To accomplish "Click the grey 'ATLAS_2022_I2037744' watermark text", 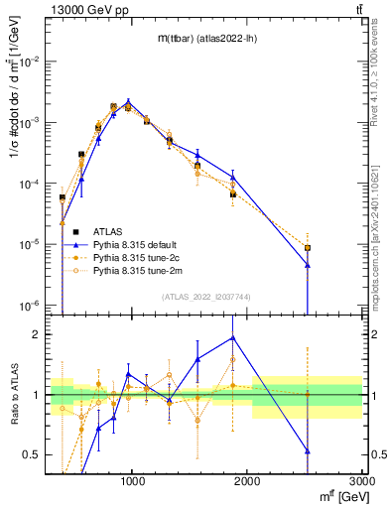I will (x=205, y=297).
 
